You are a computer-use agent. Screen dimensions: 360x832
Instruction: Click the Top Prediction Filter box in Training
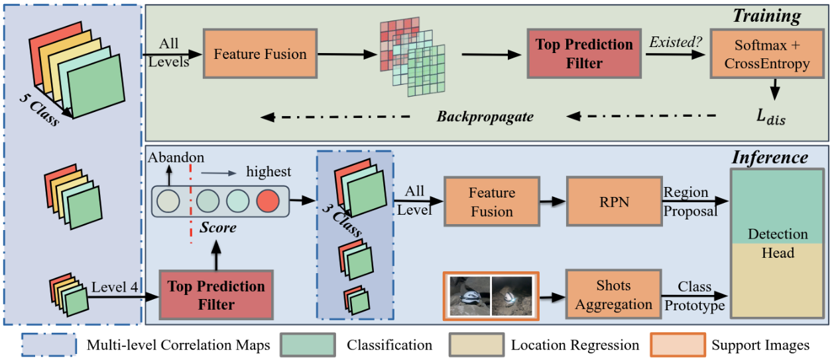click(584, 54)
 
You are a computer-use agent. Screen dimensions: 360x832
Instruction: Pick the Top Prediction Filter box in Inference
click(216, 296)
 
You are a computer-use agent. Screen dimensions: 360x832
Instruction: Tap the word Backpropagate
click(485, 117)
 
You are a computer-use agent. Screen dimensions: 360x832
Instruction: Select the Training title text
click(766, 16)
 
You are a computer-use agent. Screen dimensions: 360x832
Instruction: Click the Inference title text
click(770, 157)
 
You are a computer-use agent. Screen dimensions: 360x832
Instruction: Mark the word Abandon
click(176, 157)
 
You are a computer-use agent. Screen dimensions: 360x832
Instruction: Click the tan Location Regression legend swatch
click(475, 345)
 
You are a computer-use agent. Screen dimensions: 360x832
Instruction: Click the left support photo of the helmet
click(469, 296)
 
